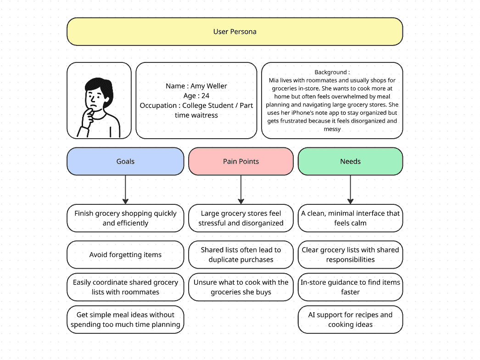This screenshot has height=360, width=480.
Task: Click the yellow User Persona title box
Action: pyautogui.click(x=234, y=32)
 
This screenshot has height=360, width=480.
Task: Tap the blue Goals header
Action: pyautogui.click(x=125, y=161)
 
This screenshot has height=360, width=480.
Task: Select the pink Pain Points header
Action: pyautogui.click(x=241, y=161)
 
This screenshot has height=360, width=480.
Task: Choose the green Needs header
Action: pyautogui.click(x=350, y=161)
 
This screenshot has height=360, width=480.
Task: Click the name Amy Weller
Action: pyautogui.click(x=209, y=86)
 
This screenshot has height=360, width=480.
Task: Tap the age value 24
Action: pyautogui.click(x=206, y=96)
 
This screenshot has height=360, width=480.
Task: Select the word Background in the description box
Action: pyautogui.click(x=330, y=72)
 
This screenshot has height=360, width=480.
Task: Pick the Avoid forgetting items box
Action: pyautogui.click(x=125, y=255)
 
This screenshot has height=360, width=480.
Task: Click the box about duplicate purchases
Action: pyautogui.click(x=241, y=255)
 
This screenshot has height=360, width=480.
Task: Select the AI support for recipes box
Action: pyautogui.click(x=350, y=320)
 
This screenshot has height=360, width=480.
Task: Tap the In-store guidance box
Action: pyautogui.click(x=350, y=287)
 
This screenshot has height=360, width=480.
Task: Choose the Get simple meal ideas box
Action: pyautogui.click(x=125, y=320)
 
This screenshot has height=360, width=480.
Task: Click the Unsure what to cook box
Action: pyautogui.click(x=241, y=287)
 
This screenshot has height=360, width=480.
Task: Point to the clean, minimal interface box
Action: pyautogui.click(x=350, y=218)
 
